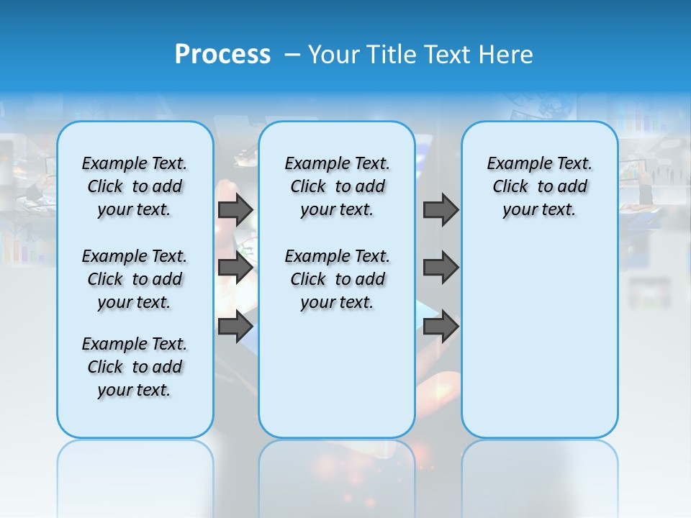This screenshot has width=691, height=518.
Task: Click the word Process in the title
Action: [x=222, y=55]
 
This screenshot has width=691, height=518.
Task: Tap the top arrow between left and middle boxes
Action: [x=235, y=209]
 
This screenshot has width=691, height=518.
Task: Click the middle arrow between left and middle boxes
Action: [x=235, y=268]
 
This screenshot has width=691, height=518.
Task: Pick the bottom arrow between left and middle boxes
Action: [x=235, y=327]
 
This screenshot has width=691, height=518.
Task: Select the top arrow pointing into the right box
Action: [x=441, y=209]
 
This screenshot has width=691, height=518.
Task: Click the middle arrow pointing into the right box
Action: [x=441, y=268]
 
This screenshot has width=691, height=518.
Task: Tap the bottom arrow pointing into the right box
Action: [x=441, y=327]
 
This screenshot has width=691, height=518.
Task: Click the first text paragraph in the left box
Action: [x=135, y=186]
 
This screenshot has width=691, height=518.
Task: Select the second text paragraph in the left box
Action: [x=135, y=279]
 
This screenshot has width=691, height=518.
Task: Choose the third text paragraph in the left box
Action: [x=135, y=367]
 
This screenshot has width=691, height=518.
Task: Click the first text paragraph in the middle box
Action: [x=337, y=186]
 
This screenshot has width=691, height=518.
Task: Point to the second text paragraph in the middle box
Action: [x=337, y=279]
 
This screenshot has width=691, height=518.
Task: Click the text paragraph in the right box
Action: [x=539, y=186]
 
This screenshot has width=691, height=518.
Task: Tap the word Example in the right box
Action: [x=513, y=163]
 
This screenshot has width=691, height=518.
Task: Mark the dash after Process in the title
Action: [x=292, y=55]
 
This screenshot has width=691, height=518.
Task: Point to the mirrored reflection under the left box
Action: [x=135, y=468]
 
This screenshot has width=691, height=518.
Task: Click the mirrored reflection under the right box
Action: [x=539, y=468]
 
